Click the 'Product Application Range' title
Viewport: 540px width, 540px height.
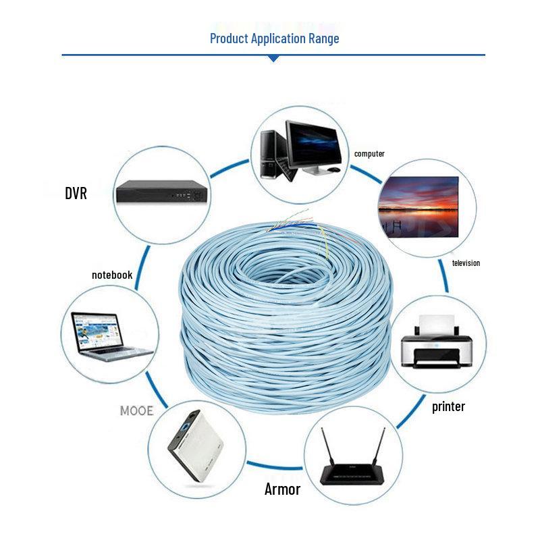pyautogui.click(x=274, y=38)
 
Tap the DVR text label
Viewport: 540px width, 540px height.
pyautogui.click(x=76, y=194)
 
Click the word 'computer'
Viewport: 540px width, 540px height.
pyautogui.click(x=369, y=154)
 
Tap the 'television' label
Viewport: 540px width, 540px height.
pyautogui.click(x=466, y=263)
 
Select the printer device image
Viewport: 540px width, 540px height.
pyautogui.click(x=435, y=345)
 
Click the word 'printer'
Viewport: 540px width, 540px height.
pyautogui.click(x=448, y=406)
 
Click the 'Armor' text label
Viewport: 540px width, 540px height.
pyautogui.click(x=282, y=489)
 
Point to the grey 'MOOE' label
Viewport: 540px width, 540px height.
pyautogui.click(x=136, y=410)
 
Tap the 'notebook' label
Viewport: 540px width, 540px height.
pyautogui.click(x=112, y=275)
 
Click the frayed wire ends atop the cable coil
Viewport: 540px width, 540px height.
pyautogui.click(x=297, y=230)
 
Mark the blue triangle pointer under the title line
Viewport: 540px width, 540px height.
pyautogui.click(x=273, y=59)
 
